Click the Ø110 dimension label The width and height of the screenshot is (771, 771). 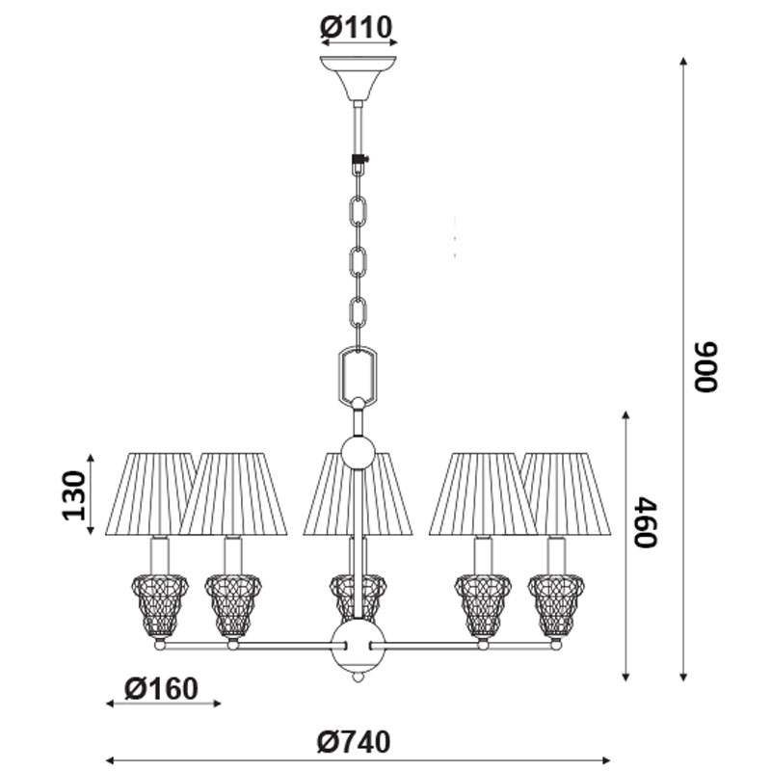[357, 28]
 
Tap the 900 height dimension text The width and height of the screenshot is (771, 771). [706, 366]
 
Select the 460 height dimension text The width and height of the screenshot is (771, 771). [645, 521]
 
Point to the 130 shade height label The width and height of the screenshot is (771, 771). [74, 495]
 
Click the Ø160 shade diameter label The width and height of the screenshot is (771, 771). [161, 688]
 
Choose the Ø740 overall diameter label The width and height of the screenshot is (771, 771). [354, 742]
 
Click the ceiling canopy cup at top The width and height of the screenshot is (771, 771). [358, 78]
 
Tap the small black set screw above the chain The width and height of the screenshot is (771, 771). [360, 158]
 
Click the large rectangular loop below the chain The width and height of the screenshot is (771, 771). [358, 375]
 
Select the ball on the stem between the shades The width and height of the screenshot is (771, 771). [359, 452]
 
